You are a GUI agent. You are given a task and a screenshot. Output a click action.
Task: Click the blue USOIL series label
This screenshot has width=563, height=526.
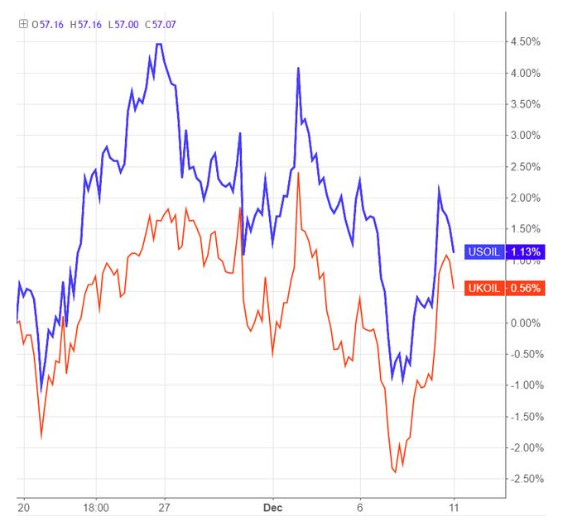click(x=484, y=251)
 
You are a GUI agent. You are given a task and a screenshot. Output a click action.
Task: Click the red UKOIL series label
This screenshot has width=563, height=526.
click(x=484, y=289)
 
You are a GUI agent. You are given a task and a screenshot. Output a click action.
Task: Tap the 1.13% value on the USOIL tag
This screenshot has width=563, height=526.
click(x=526, y=251)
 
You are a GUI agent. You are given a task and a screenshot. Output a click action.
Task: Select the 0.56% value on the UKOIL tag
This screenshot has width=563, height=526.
click(x=526, y=289)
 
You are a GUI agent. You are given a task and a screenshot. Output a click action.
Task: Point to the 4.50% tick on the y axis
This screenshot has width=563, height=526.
click(x=526, y=41)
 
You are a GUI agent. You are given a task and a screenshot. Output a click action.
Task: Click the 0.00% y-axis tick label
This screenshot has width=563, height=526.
click(x=526, y=323)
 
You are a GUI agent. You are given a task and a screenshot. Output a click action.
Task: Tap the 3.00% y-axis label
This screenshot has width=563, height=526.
click(x=526, y=135)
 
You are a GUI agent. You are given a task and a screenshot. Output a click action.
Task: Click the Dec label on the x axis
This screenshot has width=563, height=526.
click(x=272, y=507)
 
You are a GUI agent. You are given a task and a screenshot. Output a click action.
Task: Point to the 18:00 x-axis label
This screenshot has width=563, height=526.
click(x=96, y=507)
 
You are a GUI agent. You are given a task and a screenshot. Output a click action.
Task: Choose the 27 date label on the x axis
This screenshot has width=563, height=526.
click(x=165, y=507)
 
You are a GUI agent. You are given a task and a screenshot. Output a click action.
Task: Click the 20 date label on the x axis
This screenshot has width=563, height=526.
click(x=22, y=507)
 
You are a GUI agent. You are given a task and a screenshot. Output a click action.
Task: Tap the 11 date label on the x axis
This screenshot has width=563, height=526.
click(x=454, y=507)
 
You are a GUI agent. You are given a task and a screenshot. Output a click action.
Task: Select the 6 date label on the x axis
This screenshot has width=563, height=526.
click(x=360, y=507)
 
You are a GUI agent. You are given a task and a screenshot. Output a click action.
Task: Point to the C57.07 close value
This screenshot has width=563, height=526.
click(x=161, y=24)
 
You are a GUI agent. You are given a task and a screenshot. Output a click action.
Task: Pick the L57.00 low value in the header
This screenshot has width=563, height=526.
click(x=123, y=24)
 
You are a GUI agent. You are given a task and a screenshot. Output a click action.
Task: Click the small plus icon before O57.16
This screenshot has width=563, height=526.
click(x=23, y=24)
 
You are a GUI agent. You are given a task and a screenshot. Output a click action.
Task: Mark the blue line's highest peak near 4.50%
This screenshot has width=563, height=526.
click(x=159, y=44)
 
